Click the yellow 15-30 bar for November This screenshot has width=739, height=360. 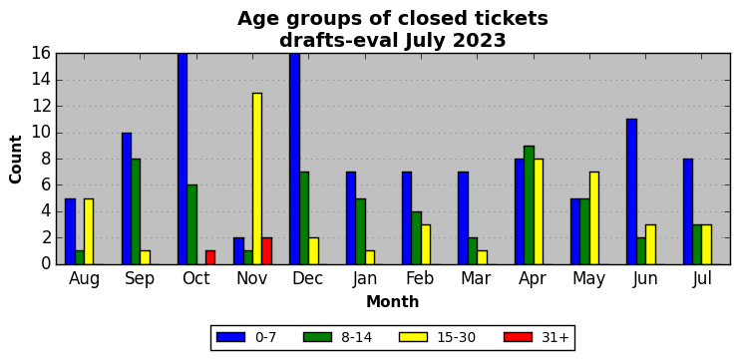pyautogui.click(x=257, y=179)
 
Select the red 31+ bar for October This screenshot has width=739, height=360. pyautogui.click(x=210, y=257)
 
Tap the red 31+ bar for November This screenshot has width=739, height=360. pyautogui.click(x=266, y=251)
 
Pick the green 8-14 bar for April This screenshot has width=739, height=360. pyautogui.click(x=529, y=205)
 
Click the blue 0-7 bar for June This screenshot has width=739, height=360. pyautogui.click(x=632, y=191)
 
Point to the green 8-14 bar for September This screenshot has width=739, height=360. pyautogui.click(x=136, y=211)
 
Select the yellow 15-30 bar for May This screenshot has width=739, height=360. pyautogui.click(x=594, y=218)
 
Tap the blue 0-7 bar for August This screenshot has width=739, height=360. pyautogui.click(x=70, y=231)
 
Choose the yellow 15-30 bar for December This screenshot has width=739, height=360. pyautogui.click(x=313, y=251)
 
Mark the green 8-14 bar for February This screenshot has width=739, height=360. pyautogui.click(x=416, y=238)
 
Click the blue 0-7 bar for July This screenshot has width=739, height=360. pyautogui.click(x=688, y=211)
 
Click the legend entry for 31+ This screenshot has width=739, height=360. pyautogui.click(x=537, y=337)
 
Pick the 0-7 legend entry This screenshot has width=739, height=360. pyautogui.click(x=246, y=337)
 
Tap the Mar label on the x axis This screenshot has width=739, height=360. pyautogui.click(x=476, y=279)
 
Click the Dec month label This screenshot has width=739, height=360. pyautogui.click(x=308, y=279)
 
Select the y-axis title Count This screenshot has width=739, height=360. pyautogui.click(x=16, y=159)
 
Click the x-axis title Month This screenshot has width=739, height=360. pyautogui.click(x=393, y=301)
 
